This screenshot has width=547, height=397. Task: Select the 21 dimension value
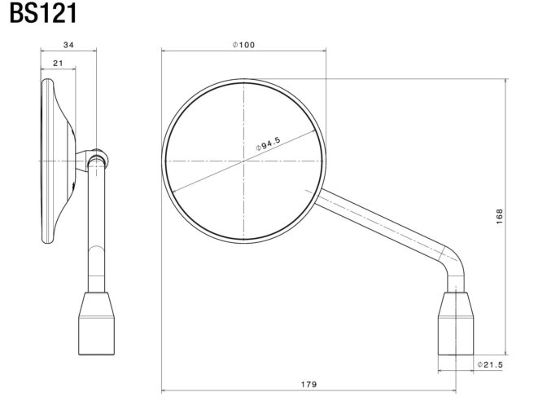coord(59,64)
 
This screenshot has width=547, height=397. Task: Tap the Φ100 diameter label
coord(243,45)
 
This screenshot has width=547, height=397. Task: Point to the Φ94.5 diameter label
coord(268,143)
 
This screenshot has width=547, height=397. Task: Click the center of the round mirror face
coord(243,162)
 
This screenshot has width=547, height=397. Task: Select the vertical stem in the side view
coord(97,220)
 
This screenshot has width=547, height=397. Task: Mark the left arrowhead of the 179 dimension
coord(164,389)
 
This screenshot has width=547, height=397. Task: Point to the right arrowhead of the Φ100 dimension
coord(325,51)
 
